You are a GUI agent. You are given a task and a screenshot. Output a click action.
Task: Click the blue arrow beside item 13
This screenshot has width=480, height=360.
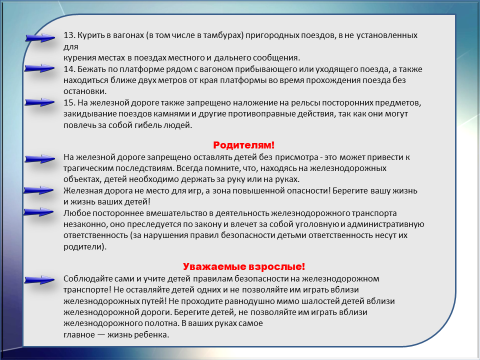40,37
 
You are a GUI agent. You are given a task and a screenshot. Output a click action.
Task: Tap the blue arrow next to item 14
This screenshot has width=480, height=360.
39,68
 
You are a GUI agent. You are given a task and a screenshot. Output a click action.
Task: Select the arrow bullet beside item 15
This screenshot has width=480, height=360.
39,102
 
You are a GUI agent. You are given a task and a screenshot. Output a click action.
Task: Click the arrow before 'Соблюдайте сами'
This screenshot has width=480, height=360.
39,279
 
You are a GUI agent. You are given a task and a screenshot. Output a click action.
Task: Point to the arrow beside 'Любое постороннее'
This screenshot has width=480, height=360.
38,211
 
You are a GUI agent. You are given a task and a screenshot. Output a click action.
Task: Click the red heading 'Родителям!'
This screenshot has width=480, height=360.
243,145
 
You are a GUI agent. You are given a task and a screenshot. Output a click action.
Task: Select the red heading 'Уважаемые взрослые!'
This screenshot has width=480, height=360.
244,266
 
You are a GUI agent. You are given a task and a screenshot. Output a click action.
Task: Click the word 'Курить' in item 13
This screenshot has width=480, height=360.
88,35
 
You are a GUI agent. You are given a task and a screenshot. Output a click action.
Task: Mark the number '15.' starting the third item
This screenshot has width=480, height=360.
69,102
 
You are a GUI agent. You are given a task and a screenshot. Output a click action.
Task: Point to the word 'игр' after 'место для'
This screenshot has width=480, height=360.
194,191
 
